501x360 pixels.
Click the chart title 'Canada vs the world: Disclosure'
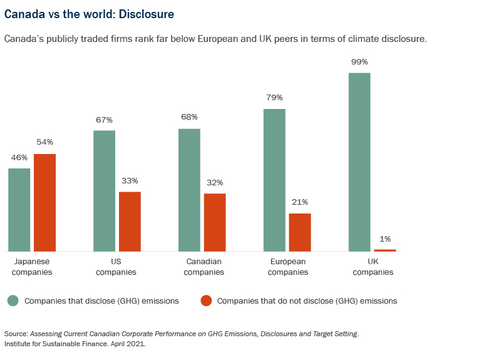[89, 13]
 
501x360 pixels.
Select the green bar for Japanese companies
[19, 210]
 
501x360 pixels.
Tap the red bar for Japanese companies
[44, 202]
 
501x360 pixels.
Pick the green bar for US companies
[104, 191]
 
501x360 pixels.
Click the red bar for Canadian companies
[215, 222]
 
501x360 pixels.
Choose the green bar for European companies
[274, 180]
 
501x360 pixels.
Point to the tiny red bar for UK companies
[385, 250]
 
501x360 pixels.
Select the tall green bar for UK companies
[359, 162]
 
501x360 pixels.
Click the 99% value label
[359, 62]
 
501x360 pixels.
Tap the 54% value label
[44, 142]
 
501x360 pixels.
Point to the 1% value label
[385, 239]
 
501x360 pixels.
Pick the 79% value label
[274, 98]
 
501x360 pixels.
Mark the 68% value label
[189, 117]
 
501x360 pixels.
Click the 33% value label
[130, 180]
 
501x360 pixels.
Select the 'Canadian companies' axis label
[205, 267]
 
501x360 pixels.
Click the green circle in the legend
[13, 301]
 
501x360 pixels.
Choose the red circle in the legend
[205, 301]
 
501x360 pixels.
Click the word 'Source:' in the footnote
[16, 334]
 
